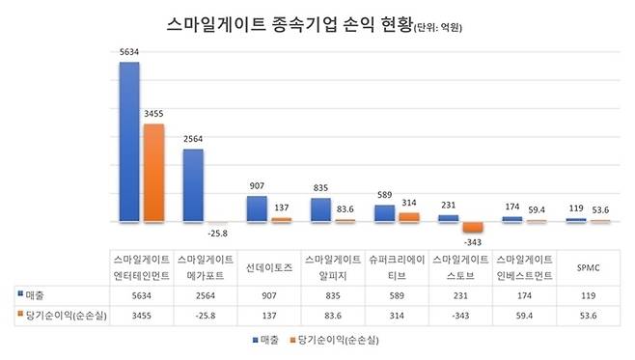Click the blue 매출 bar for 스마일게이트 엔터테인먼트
pyautogui.click(x=128, y=143)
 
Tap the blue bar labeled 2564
pyautogui.click(x=192, y=185)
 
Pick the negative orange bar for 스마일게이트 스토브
pyautogui.click(x=473, y=228)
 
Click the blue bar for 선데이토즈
pyautogui.click(x=256, y=209)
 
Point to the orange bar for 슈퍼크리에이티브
pyautogui.click(x=408, y=217)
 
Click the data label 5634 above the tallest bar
pyautogui.click(x=129, y=54)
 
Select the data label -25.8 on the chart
pyautogui.click(x=217, y=233)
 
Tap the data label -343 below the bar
pyautogui.click(x=473, y=240)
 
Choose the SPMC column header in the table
pyautogui.click(x=587, y=266)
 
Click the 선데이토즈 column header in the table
pyautogui.click(x=268, y=266)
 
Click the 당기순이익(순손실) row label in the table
pyautogui.click(x=60, y=314)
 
